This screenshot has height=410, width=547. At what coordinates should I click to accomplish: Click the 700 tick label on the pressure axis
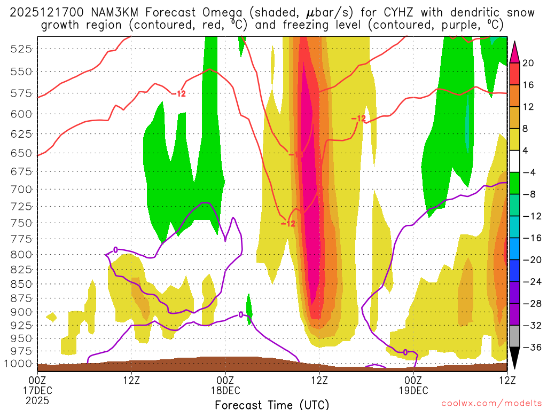coord(21,189)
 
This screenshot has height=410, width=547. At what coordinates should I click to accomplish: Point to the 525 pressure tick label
coord(21,49)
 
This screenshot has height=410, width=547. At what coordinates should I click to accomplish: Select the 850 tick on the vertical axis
coord(21,283)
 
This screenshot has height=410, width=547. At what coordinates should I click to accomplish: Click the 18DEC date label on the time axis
coord(225,390)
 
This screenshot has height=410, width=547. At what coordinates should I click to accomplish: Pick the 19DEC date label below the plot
coord(413,390)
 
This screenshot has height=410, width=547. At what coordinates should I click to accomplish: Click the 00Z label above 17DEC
coord(38,380)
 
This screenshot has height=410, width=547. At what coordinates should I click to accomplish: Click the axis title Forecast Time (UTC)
coord(272,404)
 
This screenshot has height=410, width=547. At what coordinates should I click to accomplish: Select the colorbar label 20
coord(528,63)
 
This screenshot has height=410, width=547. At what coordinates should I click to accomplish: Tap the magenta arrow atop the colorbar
coord(515,51)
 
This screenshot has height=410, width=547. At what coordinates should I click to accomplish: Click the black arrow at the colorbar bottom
coord(515,358)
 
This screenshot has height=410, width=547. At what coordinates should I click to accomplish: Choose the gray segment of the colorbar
coord(515,336)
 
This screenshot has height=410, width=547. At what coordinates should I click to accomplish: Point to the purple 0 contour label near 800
coord(115,249)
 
